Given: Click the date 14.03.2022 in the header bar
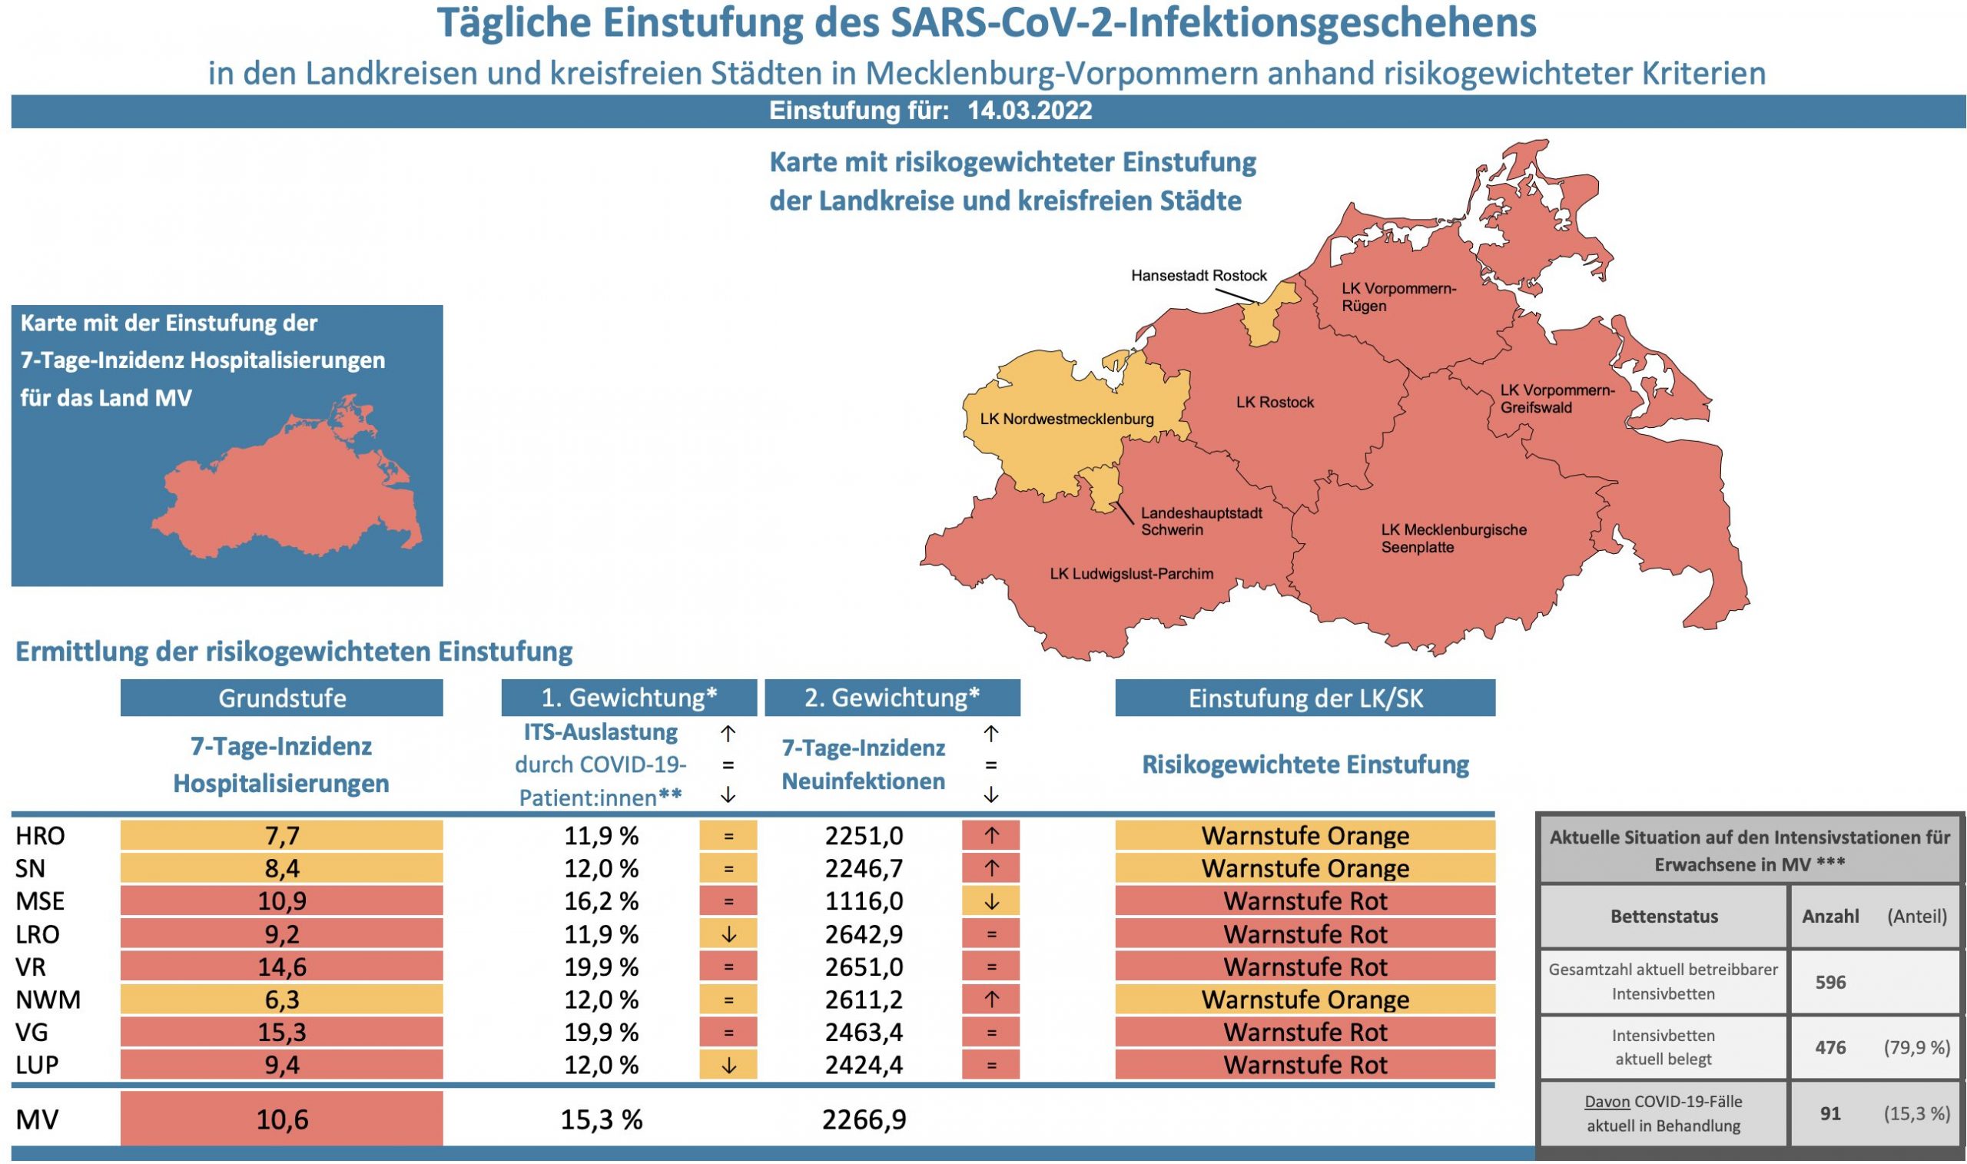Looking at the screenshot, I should [x=1029, y=111].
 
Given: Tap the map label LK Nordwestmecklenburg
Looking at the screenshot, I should [x=1066, y=419].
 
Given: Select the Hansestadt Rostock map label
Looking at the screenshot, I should [x=1199, y=276].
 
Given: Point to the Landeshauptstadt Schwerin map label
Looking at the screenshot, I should [x=1201, y=522].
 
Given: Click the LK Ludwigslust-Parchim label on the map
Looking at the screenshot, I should [x=1131, y=574].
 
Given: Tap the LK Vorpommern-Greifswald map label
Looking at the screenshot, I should [x=1557, y=399].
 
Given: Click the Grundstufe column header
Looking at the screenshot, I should [x=281, y=698].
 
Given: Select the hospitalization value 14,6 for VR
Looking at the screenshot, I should [x=281, y=967].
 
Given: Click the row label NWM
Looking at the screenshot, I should [x=48, y=1000].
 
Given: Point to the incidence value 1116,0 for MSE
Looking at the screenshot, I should [x=864, y=901].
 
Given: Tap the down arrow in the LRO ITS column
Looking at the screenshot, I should [x=728, y=934].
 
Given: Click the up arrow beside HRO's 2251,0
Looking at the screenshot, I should [x=990, y=836].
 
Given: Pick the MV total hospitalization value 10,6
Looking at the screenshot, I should [x=281, y=1119].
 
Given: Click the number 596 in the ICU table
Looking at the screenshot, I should [x=1829, y=982].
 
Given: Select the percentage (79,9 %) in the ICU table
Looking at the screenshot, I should [x=1916, y=1047].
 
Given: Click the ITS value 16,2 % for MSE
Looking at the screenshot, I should [x=602, y=901].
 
